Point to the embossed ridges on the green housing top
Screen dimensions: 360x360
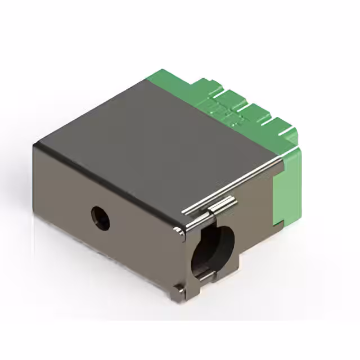[x=225, y=110]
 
